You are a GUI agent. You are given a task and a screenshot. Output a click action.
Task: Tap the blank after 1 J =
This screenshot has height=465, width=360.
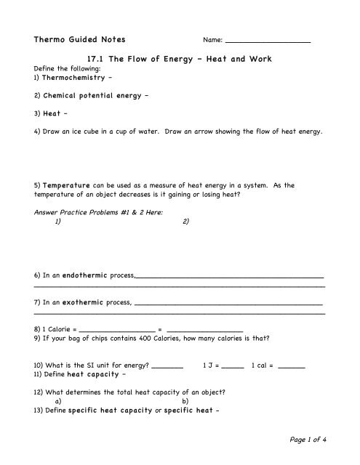[x=232, y=366]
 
